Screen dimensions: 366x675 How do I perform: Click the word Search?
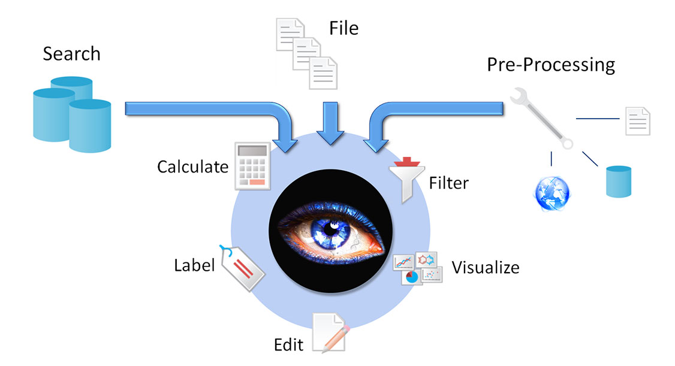[x=71, y=54]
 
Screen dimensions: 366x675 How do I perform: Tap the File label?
[x=343, y=28]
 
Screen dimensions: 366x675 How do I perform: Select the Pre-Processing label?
[x=550, y=64]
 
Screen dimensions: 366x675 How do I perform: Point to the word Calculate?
[x=192, y=167]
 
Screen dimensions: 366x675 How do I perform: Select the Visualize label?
[x=485, y=267]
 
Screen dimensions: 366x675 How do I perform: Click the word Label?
[x=194, y=265]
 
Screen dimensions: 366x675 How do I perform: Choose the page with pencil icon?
[x=329, y=332]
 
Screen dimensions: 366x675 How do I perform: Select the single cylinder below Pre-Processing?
[x=618, y=182]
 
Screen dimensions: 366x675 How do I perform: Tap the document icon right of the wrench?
[x=637, y=120]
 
